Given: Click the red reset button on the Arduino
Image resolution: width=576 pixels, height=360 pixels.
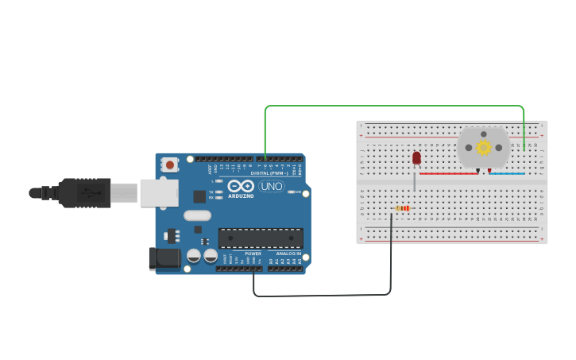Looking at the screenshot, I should (x=169, y=165).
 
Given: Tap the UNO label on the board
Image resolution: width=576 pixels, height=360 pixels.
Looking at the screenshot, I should (x=271, y=187).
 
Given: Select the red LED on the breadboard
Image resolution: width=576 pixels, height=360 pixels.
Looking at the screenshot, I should (x=416, y=158).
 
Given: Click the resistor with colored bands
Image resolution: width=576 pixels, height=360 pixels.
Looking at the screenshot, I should (x=402, y=209).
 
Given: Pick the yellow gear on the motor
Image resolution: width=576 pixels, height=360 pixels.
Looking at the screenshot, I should (x=483, y=147).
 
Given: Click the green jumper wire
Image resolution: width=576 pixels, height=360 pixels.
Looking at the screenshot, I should (x=397, y=106).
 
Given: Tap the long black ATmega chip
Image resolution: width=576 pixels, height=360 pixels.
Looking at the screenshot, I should (x=260, y=238).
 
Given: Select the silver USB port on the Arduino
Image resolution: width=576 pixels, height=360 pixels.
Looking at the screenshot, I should (x=158, y=192).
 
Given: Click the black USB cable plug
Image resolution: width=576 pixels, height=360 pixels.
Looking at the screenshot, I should (x=83, y=192).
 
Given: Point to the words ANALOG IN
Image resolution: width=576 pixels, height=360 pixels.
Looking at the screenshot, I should (x=288, y=254).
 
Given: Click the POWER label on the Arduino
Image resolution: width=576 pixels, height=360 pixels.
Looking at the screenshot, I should (x=253, y=254).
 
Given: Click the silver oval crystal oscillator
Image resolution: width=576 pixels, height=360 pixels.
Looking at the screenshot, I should (x=197, y=215).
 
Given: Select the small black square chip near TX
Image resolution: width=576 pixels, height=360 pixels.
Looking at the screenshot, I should (x=199, y=195).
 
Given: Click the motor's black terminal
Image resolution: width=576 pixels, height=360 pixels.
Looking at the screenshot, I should (x=478, y=170).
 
